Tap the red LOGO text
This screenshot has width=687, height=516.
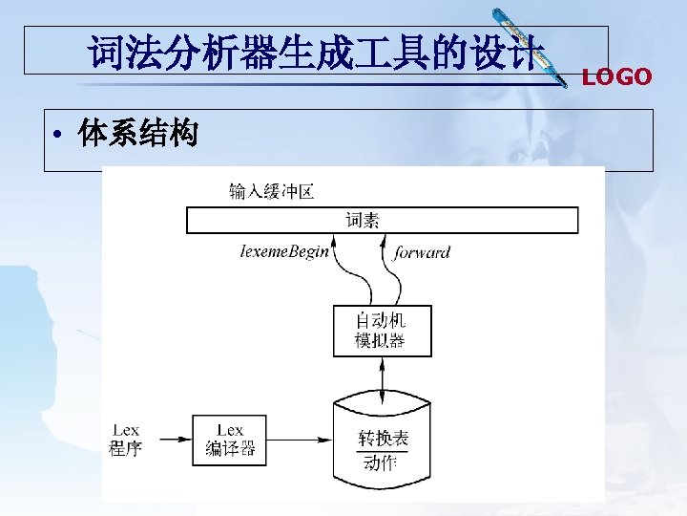pyautogui.click(x=616, y=77)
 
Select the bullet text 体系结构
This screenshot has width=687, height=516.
pyautogui.click(x=139, y=135)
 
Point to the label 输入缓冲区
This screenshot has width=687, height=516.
pyautogui.click(x=271, y=192)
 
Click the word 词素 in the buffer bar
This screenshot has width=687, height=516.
pyautogui.click(x=363, y=221)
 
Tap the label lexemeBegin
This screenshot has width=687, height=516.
pyautogui.click(x=284, y=252)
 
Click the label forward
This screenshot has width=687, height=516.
pyautogui.click(x=422, y=252)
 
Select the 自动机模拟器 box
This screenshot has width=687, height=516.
pyautogui.click(x=381, y=331)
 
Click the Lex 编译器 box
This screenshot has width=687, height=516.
pyautogui.click(x=230, y=440)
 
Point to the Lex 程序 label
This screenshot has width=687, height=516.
pyautogui.click(x=125, y=440)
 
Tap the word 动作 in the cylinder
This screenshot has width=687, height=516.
pyautogui.click(x=381, y=464)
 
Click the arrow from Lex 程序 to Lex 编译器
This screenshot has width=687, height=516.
pyautogui.click(x=173, y=440)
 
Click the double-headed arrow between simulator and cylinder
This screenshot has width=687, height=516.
pyautogui.click(x=382, y=379)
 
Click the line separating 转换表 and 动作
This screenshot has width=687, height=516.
pyautogui.click(x=382, y=452)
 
